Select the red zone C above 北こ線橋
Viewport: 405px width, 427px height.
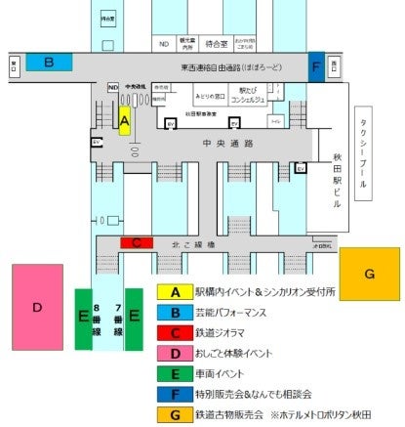(x=137, y=242)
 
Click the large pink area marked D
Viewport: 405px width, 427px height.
(x=37, y=307)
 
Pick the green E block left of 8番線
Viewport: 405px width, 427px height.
(x=84, y=318)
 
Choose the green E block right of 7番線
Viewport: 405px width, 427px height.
(x=135, y=318)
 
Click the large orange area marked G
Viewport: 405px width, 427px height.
(x=369, y=276)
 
